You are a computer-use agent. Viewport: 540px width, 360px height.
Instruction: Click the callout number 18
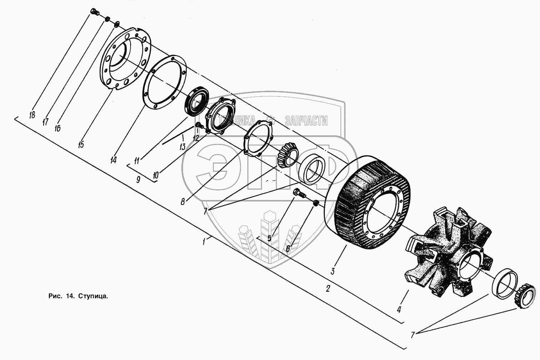click(32, 115)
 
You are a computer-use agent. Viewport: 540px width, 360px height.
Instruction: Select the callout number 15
click(81, 145)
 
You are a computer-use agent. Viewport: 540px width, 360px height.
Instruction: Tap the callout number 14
click(113, 160)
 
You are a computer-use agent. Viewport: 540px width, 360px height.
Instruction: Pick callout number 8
click(183, 201)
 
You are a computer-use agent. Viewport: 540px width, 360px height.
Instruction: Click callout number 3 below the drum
click(332, 271)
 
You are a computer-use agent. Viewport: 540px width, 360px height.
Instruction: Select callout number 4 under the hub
click(399, 309)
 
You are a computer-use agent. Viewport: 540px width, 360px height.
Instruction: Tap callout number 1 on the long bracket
click(204, 242)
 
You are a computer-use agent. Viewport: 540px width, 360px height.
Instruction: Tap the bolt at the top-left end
click(95, 12)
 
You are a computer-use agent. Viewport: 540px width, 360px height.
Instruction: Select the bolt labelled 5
click(298, 194)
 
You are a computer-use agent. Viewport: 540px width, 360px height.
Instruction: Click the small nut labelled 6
click(316, 204)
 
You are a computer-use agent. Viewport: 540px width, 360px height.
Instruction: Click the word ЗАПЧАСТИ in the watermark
click(306, 121)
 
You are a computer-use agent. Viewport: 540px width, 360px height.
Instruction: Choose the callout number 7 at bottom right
click(413, 335)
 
